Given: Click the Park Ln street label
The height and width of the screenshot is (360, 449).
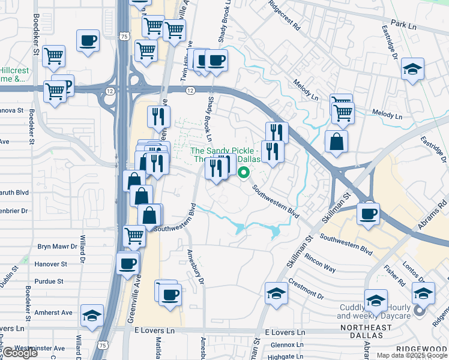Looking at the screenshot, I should coord(403,25).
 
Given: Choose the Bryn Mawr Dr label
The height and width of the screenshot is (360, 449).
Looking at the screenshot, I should coord(58,247).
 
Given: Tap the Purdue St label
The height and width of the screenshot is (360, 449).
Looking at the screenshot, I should coord(49,281).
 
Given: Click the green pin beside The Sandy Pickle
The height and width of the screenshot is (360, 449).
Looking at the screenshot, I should coord(244,173).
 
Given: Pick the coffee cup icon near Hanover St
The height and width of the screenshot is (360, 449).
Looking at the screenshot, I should coord(127,263).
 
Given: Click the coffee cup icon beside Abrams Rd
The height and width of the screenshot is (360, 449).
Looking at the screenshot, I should coord(368,212).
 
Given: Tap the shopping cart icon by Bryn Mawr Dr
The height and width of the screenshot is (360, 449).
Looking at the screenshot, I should coord(134,235).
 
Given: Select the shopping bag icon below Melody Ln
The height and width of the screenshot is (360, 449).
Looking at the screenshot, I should coord(336,141).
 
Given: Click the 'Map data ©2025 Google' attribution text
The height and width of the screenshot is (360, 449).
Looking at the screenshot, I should coord(412,355).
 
